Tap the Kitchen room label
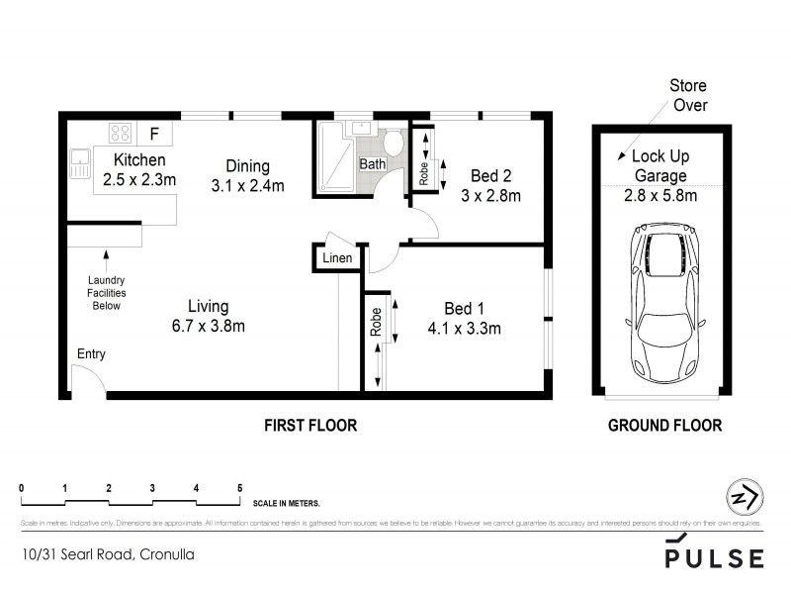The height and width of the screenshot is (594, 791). click(139, 160)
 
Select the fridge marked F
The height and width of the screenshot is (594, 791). click(153, 133)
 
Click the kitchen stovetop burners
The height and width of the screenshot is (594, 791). click(122, 133)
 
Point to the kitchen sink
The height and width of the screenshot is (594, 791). click(79, 164)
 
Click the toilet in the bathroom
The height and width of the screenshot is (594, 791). click(395, 143)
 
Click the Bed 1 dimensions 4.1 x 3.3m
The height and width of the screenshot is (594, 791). click(464, 329)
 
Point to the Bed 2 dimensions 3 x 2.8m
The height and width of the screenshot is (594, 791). click(490, 195)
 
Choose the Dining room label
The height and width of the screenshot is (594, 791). click(246, 166)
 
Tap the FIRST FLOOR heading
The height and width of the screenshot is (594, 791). click(309, 426)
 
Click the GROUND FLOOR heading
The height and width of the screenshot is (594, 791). click(663, 426)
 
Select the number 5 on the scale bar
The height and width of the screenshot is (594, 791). click(239, 488)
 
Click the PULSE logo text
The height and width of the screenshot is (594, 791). click(714, 557)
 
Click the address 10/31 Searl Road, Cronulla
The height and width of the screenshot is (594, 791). click(107, 554)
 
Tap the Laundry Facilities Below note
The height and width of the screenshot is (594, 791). click(107, 292)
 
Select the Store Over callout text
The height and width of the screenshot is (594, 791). click(688, 95)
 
